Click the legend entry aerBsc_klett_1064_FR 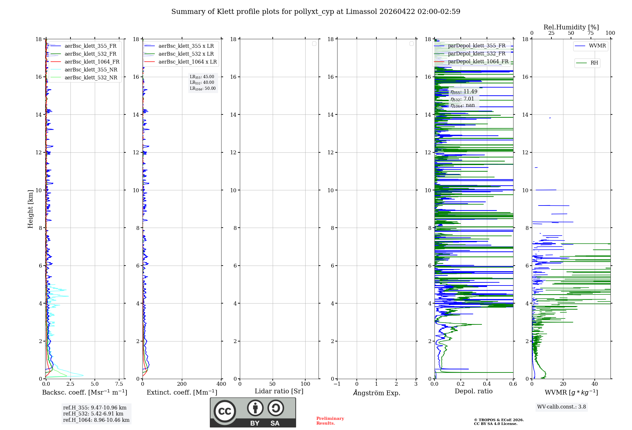(x=92, y=62)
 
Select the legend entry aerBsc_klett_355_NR (x=91, y=70)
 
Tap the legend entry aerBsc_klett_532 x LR (x=186, y=54)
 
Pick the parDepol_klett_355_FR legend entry (x=477, y=46)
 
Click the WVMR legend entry (x=597, y=46)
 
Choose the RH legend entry (x=594, y=63)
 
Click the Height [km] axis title (x=30, y=209)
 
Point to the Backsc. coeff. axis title (x=84, y=392)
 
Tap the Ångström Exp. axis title (x=376, y=393)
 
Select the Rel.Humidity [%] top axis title (x=571, y=27)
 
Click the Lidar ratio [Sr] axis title (x=279, y=391)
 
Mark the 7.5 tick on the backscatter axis (x=119, y=384)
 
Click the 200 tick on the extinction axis (x=182, y=384)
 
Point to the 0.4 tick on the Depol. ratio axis (x=487, y=384)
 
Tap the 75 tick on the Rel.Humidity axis (x=591, y=33)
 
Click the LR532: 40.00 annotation (x=202, y=83)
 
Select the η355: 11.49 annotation (x=464, y=92)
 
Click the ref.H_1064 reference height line (x=96, y=420)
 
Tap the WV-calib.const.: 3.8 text (x=562, y=407)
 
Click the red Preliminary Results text (x=330, y=421)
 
